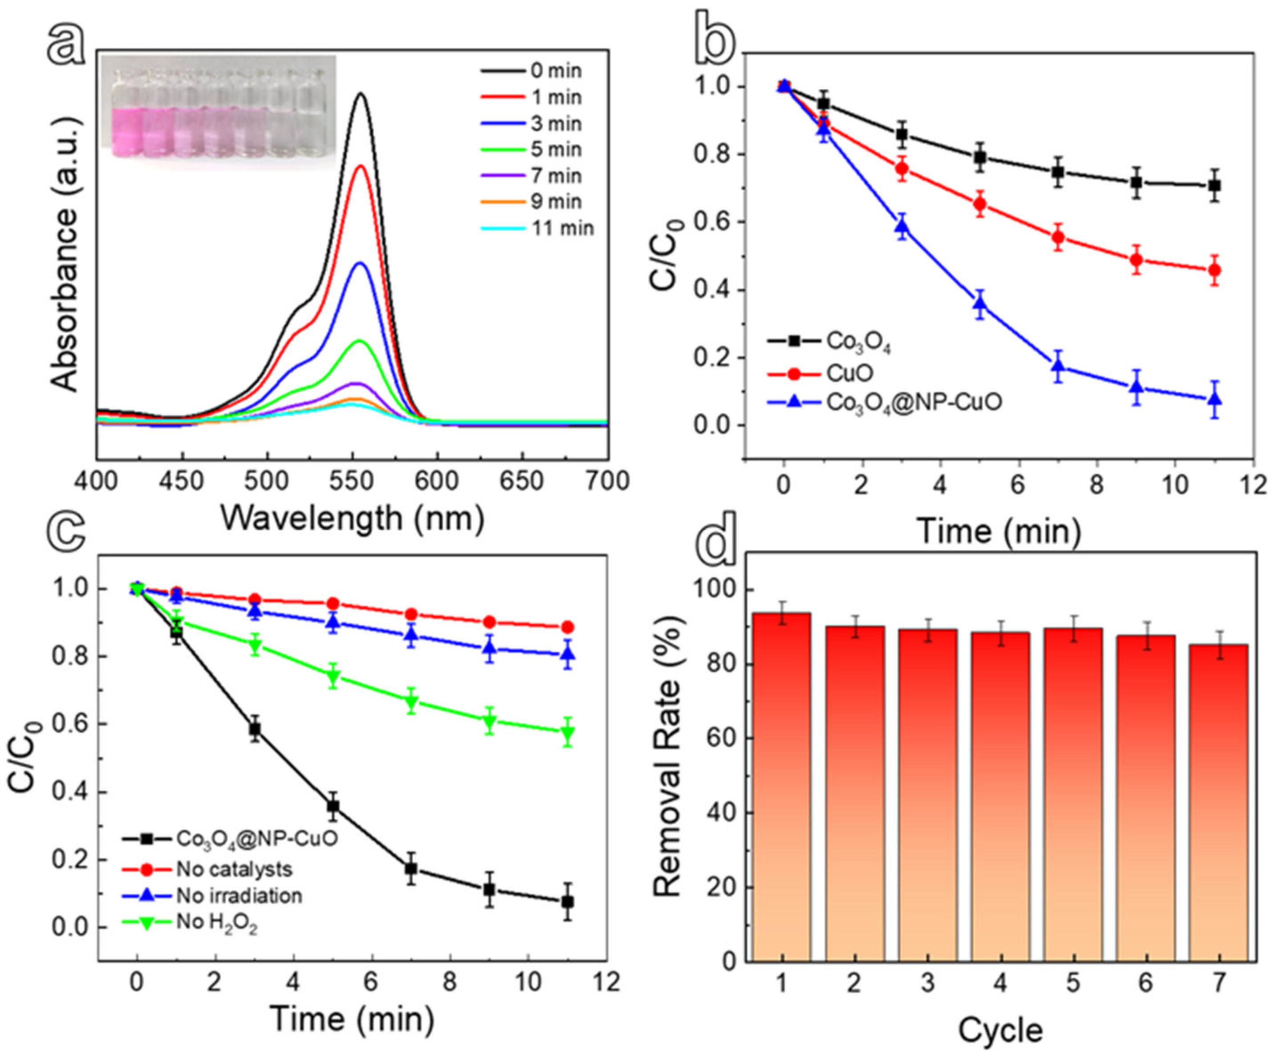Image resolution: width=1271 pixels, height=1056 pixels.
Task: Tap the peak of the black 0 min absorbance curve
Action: click(361, 94)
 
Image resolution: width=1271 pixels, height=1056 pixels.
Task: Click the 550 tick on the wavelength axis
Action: click(352, 481)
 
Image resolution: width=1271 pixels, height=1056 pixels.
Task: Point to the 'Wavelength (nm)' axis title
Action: click(352, 518)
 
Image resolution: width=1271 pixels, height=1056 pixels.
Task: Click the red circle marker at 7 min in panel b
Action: click(1058, 237)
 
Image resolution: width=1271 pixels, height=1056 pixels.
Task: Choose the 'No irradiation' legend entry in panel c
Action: click(239, 896)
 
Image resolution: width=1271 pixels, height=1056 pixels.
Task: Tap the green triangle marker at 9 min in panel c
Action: click(490, 721)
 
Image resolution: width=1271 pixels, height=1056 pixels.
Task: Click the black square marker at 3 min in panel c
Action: click(255, 730)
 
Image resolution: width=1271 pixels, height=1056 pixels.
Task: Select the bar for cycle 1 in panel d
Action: click(782, 787)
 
